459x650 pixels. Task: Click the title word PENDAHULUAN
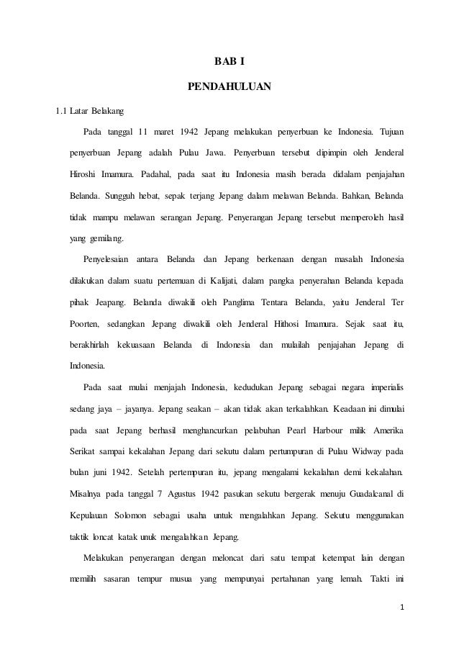click(x=229, y=88)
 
